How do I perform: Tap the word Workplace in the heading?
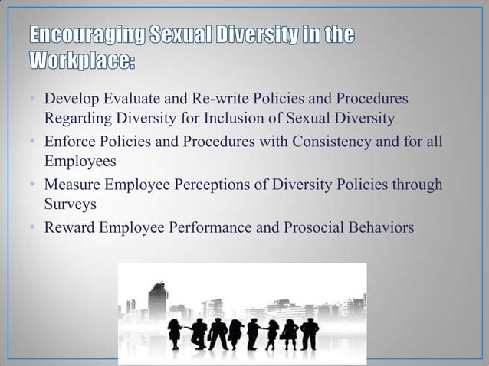(84, 59)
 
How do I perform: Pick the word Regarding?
(77, 118)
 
